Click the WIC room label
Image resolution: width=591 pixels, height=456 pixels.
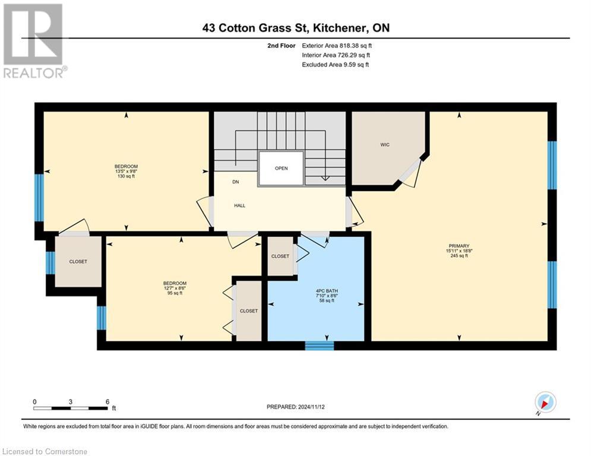(x=385, y=145)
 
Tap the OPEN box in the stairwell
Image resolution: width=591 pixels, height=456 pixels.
(x=281, y=168)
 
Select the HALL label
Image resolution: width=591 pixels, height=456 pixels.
(x=239, y=205)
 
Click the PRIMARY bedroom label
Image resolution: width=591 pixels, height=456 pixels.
(x=459, y=246)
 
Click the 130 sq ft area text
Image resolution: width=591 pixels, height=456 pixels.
(x=126, y=177)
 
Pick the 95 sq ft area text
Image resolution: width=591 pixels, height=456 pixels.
(x=175, y=293)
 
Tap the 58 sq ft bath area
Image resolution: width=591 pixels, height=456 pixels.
(x=316, y=300)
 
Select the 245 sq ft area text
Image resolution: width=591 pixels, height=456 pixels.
(x=459, y=256)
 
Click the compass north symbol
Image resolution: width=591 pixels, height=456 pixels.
(x=545, y=403)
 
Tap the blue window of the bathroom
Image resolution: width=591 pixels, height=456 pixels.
(x=320, y=345)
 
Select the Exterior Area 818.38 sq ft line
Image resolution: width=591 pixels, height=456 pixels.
(x=337, y=46)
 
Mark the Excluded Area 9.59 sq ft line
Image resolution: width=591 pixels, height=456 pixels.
(x=336, y=65)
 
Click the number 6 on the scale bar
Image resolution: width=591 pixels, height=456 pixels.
(x=108, y=401)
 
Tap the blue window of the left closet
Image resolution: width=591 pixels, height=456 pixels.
(x=50, y=263)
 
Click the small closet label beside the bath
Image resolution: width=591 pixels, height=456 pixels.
(x=280, y=256)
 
